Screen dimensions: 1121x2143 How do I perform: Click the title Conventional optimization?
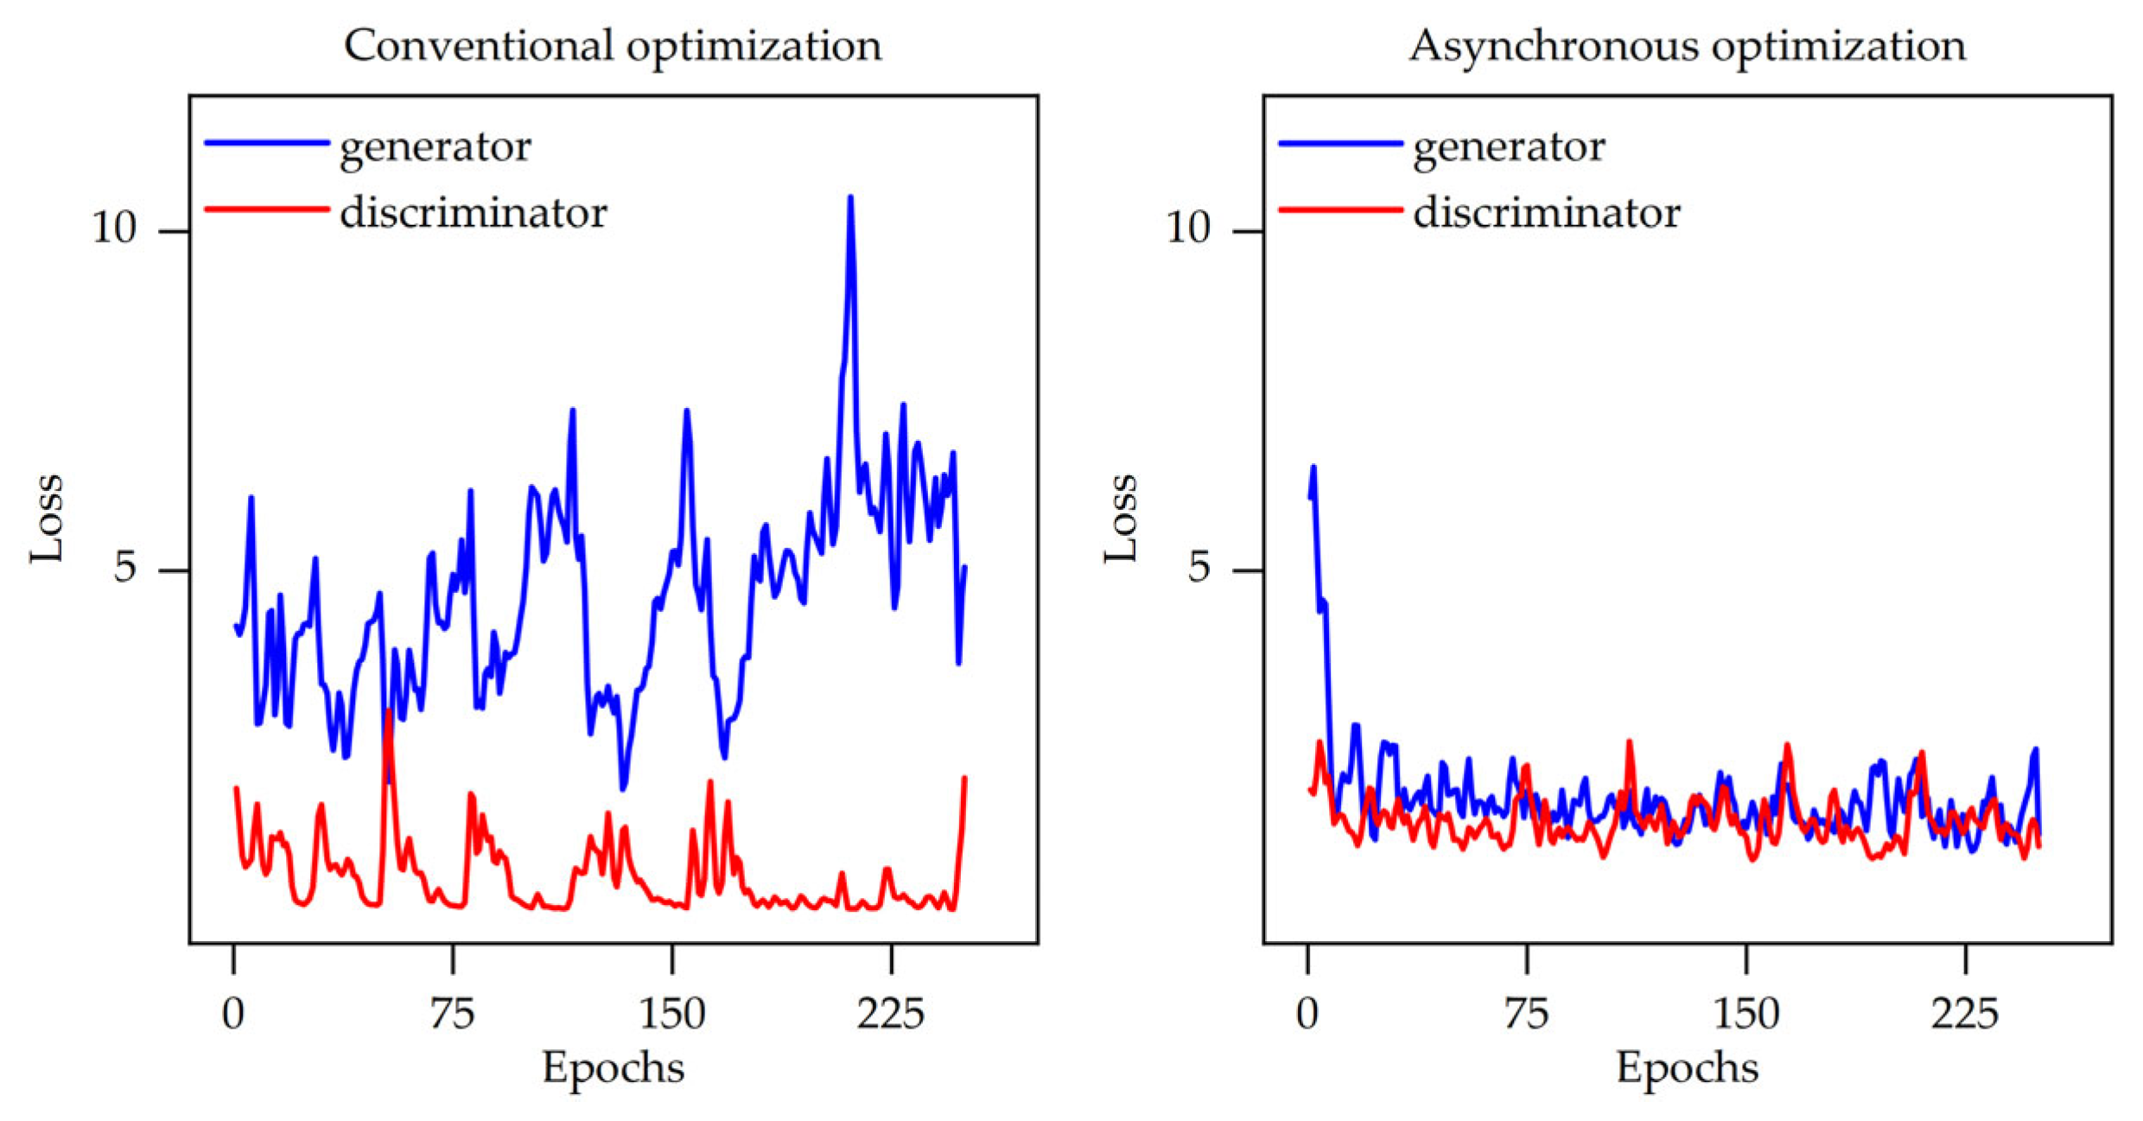tap(613, 45)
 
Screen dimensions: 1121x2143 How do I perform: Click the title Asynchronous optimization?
tap(1687, 45)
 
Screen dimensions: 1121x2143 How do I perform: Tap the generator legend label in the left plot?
tap(435, 146)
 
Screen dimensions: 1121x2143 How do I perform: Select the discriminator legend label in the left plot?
tap(474, 213)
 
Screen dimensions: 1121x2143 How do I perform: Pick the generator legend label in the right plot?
tap(1509, 146)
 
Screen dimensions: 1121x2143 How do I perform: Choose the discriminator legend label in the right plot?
tap(1547, 213)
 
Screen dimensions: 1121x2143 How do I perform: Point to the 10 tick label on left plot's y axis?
tap(115, 228)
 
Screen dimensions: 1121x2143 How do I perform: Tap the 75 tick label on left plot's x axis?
tap(453, 1013)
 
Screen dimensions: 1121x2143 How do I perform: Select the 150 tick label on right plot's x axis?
tap(1746, 1013)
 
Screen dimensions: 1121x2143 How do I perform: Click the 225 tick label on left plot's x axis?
tap(890, 1013)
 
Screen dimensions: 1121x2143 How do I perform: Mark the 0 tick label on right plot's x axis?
tap(1307, 1013)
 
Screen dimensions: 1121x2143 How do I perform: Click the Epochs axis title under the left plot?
tap(613, 1067)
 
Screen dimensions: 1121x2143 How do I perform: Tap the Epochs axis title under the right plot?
tap(1687, 1067)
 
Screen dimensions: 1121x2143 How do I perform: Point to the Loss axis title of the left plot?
tap(47, 519)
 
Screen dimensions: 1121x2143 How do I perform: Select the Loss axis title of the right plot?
tap(1121, 519)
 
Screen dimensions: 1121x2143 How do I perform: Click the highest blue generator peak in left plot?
tap(850, 199)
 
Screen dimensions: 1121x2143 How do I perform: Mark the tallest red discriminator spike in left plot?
tap(390, 712)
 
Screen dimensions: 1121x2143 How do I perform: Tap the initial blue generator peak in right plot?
tap(1313, 468)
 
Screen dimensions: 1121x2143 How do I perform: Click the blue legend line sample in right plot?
tap(1340, 143)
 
